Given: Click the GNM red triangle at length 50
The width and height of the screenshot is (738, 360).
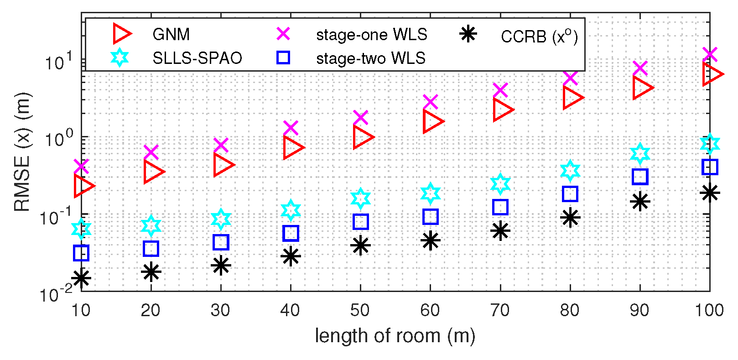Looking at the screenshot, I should coord(363,137).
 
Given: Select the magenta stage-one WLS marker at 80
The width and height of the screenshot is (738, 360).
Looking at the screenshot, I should coord(570,78).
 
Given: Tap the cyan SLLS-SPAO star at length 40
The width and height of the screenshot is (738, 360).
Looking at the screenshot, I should coord(291,210).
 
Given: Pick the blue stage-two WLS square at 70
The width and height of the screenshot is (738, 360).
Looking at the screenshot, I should coord(500,207).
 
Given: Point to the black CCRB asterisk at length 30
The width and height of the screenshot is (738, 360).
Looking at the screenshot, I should coord(221,266).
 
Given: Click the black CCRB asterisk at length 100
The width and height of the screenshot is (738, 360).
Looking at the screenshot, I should coord(710,193).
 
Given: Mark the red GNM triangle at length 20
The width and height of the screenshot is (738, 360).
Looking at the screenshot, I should coord(153,172).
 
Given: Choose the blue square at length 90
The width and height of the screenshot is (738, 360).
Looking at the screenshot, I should coord(640,177).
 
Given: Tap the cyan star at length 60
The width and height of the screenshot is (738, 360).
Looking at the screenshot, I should coord(430,193).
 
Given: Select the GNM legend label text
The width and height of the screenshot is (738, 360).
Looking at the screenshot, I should coord(171,35).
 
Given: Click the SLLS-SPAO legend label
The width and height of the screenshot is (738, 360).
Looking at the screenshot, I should coord(197,58).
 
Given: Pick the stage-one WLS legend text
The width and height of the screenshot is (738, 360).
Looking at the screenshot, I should coord(371,35).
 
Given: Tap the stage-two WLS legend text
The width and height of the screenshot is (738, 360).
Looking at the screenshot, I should coord(370,58).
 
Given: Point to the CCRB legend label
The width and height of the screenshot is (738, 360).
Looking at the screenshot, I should coord(539,37).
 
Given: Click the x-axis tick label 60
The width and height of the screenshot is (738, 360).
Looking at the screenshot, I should coord(430,311).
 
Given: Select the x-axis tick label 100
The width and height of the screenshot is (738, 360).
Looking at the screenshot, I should coord(709,311).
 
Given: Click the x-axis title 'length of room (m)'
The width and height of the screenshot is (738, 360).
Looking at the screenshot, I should coord(395,336).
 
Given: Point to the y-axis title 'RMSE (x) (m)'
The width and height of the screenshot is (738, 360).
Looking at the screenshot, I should coord(22,152).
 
